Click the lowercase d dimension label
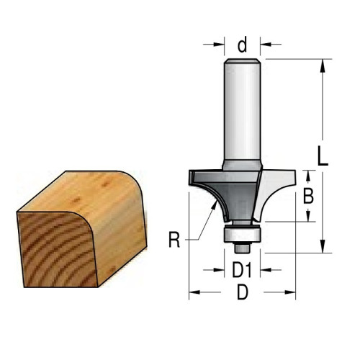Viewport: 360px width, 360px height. [242, 45]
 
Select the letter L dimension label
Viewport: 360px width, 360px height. [323, 156]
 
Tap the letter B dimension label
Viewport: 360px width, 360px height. [308, 196]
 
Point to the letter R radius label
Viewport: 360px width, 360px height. [174, 240]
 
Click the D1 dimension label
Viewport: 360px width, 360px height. [242, 270]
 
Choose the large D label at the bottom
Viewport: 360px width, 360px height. [243, 292]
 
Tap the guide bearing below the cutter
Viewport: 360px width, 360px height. [242, 234]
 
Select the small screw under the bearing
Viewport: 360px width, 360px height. [242, 248]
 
